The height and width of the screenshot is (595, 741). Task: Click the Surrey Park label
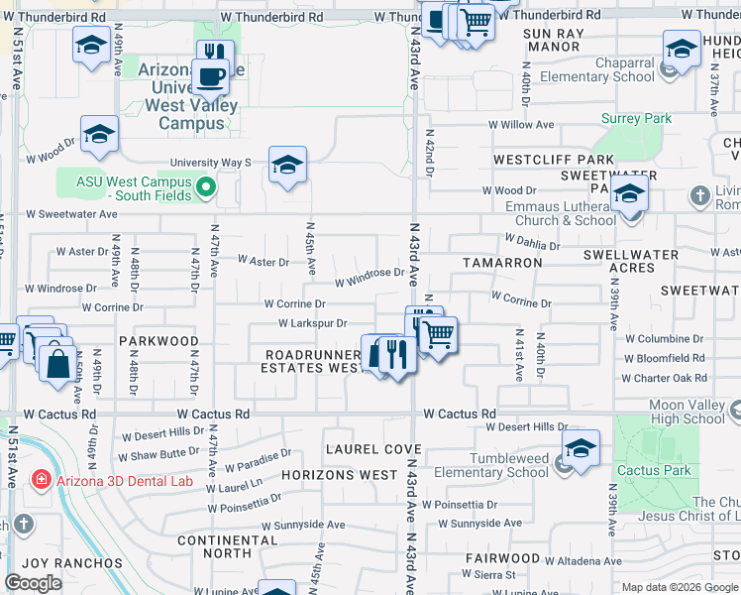pos(637,118)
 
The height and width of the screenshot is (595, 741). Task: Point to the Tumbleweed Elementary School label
pos(492,464)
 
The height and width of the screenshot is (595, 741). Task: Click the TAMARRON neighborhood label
pos(502,263)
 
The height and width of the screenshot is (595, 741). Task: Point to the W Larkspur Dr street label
pos(312,323)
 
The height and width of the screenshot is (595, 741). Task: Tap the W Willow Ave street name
pos(519,125)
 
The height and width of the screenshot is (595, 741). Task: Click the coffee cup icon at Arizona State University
pos(209,77)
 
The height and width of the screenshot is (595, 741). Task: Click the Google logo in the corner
pos(33,583)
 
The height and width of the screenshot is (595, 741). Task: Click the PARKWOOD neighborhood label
pos(159,340)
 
